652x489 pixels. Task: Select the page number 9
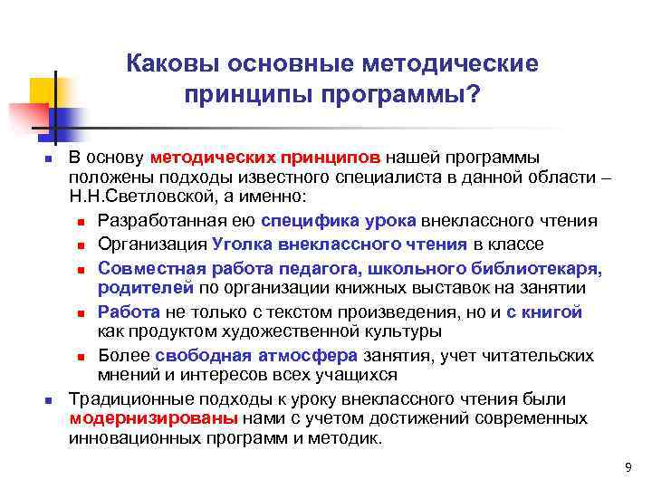click(628, 466)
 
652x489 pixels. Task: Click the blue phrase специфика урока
click(338, 221)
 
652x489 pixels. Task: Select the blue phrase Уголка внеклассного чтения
click(340, 244)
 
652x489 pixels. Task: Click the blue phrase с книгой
click(543, 312)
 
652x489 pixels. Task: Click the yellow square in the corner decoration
click(44, 91)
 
